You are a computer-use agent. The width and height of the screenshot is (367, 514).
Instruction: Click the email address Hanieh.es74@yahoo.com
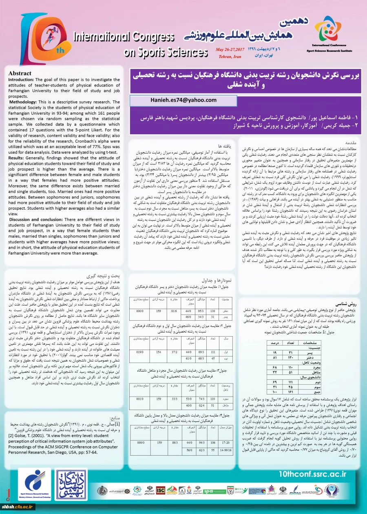(x=182, y=100)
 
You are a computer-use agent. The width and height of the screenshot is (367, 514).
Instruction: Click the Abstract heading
(x=20, y=73)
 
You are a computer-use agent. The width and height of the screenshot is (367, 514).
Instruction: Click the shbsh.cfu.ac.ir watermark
(x=18, y=507)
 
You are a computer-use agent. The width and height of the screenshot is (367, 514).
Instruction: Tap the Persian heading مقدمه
(x=351, y=144)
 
